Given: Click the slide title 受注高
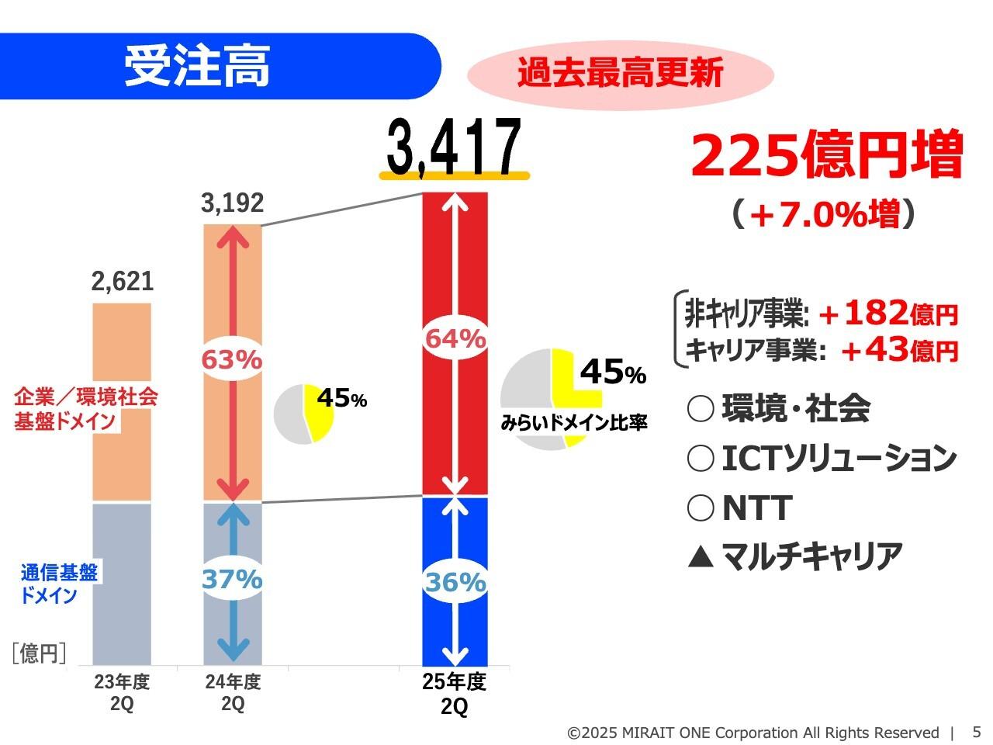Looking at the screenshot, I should (197, 67).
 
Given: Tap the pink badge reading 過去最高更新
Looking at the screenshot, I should (620, 74).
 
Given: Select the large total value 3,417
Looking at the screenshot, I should (454, 147).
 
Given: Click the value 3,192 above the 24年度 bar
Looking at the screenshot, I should (232, 203).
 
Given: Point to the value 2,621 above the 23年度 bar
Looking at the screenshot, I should (123, 282).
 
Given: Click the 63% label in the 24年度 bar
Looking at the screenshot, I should (232, 360).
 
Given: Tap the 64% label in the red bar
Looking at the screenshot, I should (455, 339).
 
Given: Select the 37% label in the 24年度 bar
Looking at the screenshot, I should (232, 579).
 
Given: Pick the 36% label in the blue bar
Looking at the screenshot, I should (455, 582).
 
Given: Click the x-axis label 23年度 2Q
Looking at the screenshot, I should (122, 693).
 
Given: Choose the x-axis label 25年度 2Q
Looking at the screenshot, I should (455, 695).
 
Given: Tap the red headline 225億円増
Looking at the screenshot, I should (826, 154).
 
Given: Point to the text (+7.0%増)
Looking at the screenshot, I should (824, 214).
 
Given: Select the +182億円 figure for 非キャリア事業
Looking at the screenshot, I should (888, 314).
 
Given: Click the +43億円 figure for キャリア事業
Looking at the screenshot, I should (900, 351).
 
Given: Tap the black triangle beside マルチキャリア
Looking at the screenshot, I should (700, 556).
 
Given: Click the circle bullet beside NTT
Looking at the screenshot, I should (700, 509).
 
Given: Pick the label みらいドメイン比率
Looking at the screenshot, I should (574, 424).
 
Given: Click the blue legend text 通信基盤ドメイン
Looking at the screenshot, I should (59, 584).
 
